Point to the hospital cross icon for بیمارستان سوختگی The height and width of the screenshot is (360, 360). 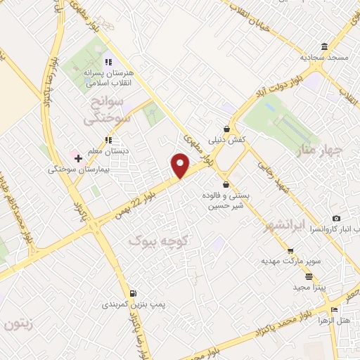pos(78,158)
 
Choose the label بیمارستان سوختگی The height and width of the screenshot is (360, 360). pos(77,169)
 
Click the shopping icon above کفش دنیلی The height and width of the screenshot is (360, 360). pos(226,129)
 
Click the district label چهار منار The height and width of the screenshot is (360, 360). pos(320,149)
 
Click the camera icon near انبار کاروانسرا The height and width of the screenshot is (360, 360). pos(336,219)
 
